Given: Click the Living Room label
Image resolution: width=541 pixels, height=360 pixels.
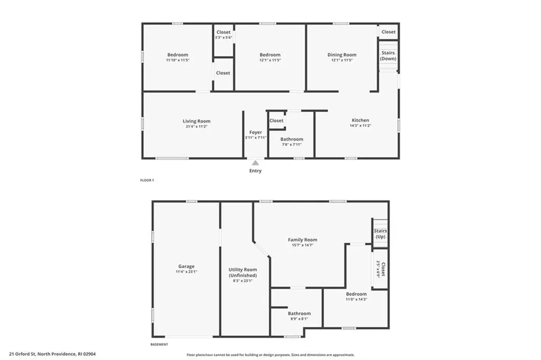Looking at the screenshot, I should pos(197,121).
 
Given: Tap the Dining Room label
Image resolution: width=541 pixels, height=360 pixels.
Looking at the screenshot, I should pos(342,54).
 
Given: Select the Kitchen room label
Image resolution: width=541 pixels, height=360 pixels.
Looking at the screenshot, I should pos(360,120).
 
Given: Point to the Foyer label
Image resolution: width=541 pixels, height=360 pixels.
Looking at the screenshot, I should pos(256,132).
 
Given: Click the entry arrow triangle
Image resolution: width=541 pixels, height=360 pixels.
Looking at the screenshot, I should pos(255,163).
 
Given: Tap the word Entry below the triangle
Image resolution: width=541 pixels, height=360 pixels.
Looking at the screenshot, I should pos(255,171).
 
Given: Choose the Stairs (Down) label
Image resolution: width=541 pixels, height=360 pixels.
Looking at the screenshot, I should pos(388,56).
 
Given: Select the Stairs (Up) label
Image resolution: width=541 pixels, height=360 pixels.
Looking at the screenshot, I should pos(380,234).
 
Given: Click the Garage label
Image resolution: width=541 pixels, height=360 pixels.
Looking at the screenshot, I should pos(186,266).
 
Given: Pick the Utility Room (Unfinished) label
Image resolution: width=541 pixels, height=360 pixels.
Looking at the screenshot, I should pos(242,273).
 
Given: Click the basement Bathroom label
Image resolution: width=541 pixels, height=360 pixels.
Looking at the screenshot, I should pos(299,313).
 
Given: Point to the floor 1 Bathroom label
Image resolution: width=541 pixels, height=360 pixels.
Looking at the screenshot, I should pos(292,139).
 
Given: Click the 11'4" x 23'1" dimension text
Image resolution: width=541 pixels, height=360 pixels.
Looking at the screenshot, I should pos(186,272).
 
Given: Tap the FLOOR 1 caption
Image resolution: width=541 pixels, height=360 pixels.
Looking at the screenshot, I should pos(147,180).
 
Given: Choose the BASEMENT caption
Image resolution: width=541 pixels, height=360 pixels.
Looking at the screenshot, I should pos(159,345).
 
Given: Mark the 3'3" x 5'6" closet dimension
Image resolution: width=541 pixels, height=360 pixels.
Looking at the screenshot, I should pos(223,37).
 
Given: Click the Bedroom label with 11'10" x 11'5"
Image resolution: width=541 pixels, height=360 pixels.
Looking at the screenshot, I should pos(178,54).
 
